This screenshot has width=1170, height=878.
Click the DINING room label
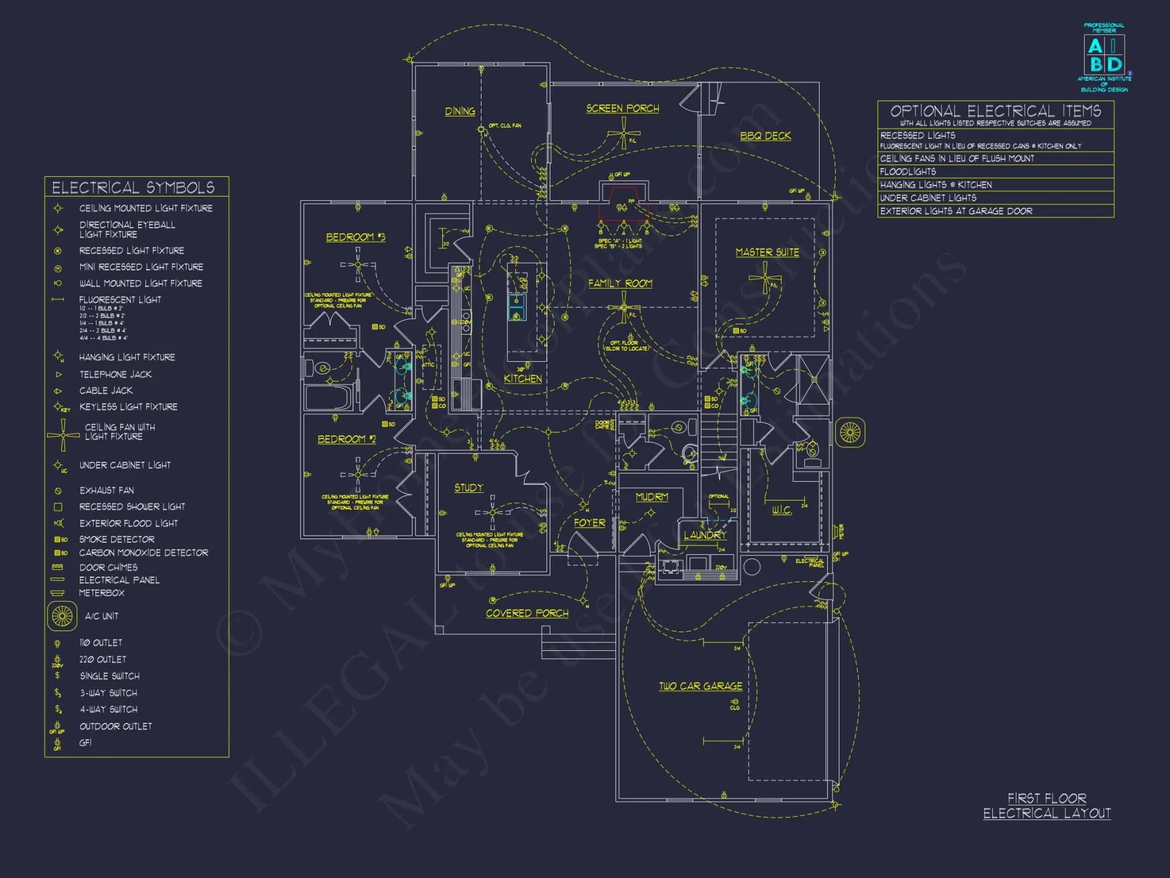(460, 111)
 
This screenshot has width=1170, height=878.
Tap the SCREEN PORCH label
(622, 108)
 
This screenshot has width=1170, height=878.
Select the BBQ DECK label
(765, 136)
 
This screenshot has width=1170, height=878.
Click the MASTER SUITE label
(767, 252)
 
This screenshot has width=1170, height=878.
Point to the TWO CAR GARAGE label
(700, 686)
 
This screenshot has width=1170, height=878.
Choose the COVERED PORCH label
(527, 613)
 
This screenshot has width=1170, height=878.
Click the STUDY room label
(469, 488)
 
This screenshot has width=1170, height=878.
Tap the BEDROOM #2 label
(346, 439)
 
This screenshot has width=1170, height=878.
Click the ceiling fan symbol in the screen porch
(624, 133)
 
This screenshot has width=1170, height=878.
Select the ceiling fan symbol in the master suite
(765, 277)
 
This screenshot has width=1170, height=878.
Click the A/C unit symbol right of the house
(849, 433)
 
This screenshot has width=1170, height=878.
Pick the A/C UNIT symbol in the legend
(62, 616)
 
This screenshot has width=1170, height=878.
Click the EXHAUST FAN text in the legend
(106, 491)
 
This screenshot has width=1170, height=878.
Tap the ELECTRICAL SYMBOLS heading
(133, 187)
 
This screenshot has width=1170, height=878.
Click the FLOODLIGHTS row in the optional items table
(994, 172)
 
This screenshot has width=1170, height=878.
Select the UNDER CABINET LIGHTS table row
(994, 198)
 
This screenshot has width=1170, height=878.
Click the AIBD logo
(1104, 56)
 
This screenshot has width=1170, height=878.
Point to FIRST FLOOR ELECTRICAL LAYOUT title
(1047, 806)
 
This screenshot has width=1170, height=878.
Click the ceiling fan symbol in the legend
(63, 435)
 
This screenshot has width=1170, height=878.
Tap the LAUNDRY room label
(705, 535)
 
